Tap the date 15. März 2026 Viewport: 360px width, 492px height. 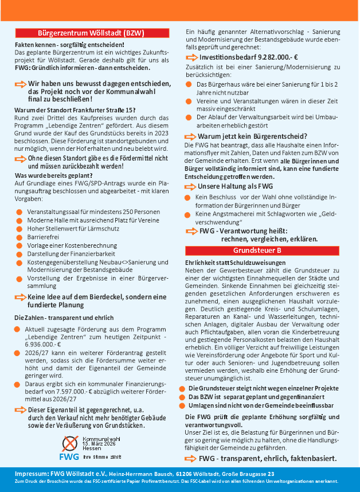tap(100, 444)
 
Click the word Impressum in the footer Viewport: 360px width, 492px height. tap(31, 474)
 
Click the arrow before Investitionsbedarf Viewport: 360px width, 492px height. tap(191, 58)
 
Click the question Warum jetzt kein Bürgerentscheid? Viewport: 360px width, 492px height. tap(252, 136)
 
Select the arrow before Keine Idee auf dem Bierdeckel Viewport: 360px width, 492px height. tap(21, 297)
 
